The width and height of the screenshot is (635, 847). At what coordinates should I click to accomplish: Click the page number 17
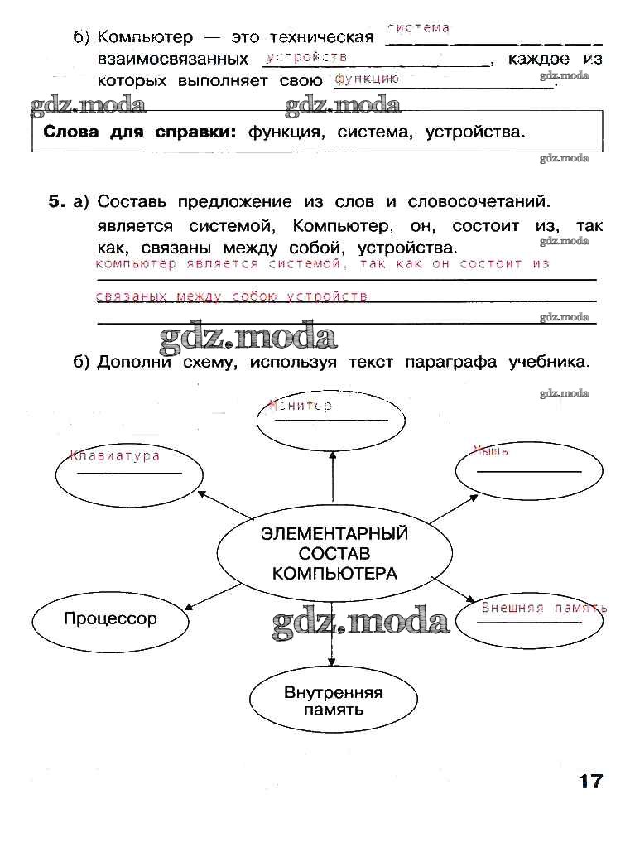[x=591, y=781]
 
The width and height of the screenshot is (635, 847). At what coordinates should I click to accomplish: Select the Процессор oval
[x=110, y=618]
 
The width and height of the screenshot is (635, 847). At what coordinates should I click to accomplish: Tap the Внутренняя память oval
[x=333, y=701]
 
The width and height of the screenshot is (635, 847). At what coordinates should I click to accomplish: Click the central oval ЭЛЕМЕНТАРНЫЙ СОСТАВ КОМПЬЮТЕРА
[x=334, y=553]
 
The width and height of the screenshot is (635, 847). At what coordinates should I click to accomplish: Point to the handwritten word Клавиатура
[x=115, y=456]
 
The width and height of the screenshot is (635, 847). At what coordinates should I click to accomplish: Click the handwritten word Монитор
[x=301, y=406]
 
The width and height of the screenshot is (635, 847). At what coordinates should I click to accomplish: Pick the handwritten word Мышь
[x=491, y=451]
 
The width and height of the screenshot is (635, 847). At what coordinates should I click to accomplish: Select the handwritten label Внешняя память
[x=544, y=608]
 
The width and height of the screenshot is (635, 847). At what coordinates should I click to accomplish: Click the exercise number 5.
[x=55, y=201]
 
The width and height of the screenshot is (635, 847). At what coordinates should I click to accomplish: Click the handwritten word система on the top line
[x=418, y=28]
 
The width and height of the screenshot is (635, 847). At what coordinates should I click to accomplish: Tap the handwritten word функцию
[x=366, y=79]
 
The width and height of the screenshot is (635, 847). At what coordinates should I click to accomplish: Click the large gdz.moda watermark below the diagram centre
[x=360, y=622]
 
